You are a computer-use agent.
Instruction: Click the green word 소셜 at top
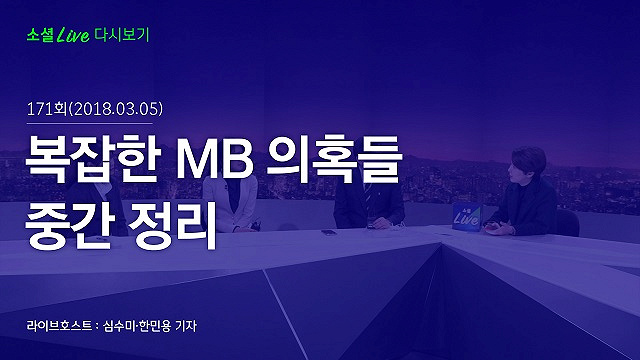[40, 35]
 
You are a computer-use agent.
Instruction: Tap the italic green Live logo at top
[73, 35]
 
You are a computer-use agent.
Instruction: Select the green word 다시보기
[122, 35]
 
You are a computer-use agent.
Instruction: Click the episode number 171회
[47, 109]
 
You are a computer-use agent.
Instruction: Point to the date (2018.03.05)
[116, 109]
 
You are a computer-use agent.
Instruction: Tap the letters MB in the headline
[215, 160]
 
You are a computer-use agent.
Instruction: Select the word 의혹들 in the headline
[334, 158]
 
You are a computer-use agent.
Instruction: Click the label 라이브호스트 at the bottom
[60, 326]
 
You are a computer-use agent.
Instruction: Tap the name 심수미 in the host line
[119, 326]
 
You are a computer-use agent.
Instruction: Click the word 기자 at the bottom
[186, 326]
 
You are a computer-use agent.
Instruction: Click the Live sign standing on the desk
[466, 217]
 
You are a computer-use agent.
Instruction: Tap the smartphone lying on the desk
[329, 232]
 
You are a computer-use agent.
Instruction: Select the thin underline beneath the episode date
[89, 123]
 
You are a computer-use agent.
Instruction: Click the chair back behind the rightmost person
[568, 223]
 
